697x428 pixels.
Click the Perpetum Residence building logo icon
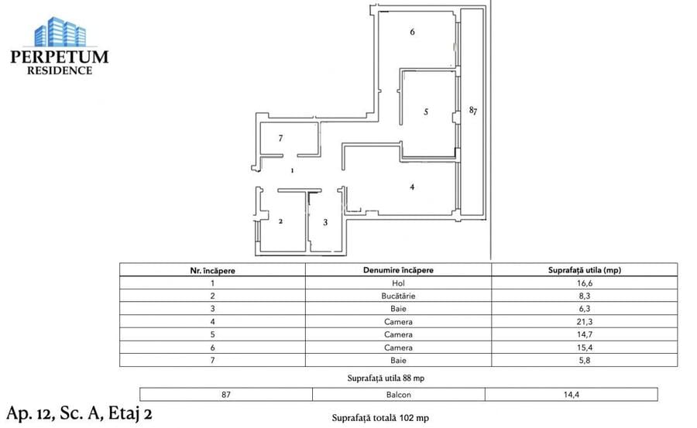(59, 33)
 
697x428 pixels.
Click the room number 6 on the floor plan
(413, 33)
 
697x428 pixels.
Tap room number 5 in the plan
(426, 111)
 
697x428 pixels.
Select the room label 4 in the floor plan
(413, 187)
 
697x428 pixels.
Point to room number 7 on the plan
(281, 138)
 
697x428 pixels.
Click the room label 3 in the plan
(325, 222)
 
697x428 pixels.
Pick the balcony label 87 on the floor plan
(472, 111)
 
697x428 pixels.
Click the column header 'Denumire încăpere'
(398, 270)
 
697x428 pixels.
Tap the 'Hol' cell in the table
(398, 283)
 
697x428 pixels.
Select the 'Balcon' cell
(398, 394)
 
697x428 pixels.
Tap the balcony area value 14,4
(571, 394)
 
